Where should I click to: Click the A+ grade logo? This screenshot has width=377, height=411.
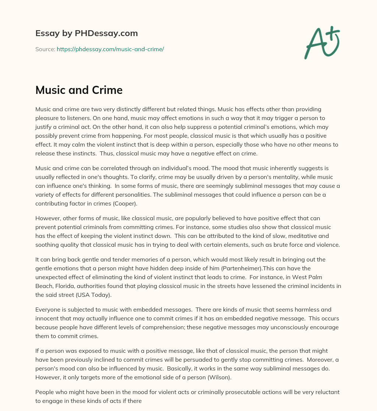pos(321,43)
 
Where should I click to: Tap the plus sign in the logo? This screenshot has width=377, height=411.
pos(334,34)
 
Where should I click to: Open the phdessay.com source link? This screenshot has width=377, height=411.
pos(110,49)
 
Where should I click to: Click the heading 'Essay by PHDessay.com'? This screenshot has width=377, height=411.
pos(87,33)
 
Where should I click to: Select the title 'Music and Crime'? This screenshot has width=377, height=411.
pos(79,90)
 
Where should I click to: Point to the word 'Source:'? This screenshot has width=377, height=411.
pos(45,49)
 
